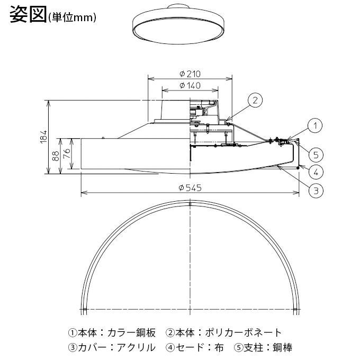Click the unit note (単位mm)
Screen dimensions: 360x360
click(x=71, y=18)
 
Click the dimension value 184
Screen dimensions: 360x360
click(x=44, y=136)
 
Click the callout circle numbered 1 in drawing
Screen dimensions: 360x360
click(x=315, y=126)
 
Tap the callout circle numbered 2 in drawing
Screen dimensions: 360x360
click(x=255, y=100)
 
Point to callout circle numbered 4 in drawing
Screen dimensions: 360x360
click(x=315, y=172)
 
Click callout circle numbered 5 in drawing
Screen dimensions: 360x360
click(x=315, y=155)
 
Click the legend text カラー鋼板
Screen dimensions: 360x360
click(x=131, y=333)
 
